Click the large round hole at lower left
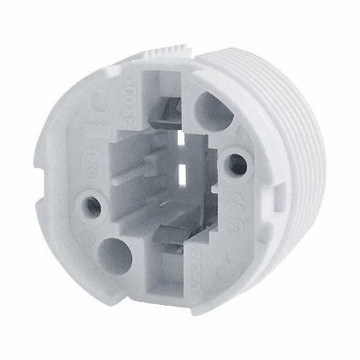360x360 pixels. click(115, 256)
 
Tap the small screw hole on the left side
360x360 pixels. click(93, 206)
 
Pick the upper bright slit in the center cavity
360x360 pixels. click(182, 137)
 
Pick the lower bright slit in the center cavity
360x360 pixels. click(181, 173)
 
